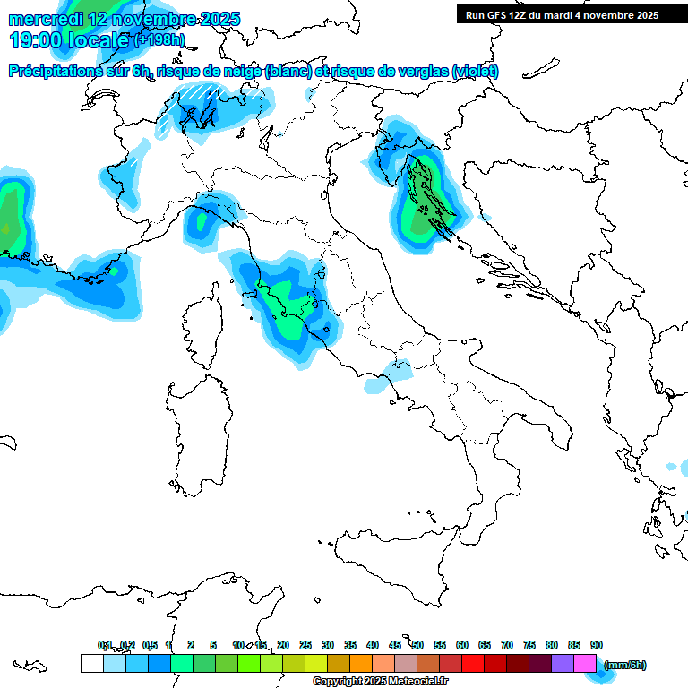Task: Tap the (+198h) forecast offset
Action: tap(160, 40)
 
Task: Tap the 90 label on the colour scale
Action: tap(597, 645)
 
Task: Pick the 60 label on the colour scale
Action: tap(462, 645)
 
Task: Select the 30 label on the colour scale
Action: tap(328, 645)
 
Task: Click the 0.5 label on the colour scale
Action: tap(149, 645)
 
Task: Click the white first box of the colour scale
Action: tap(91, 663)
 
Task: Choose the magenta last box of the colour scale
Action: tap(584, 663)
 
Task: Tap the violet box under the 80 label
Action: tap(562, 663)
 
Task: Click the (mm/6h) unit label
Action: tap(624, 665)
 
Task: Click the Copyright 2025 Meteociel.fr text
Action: tap(380, 681)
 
